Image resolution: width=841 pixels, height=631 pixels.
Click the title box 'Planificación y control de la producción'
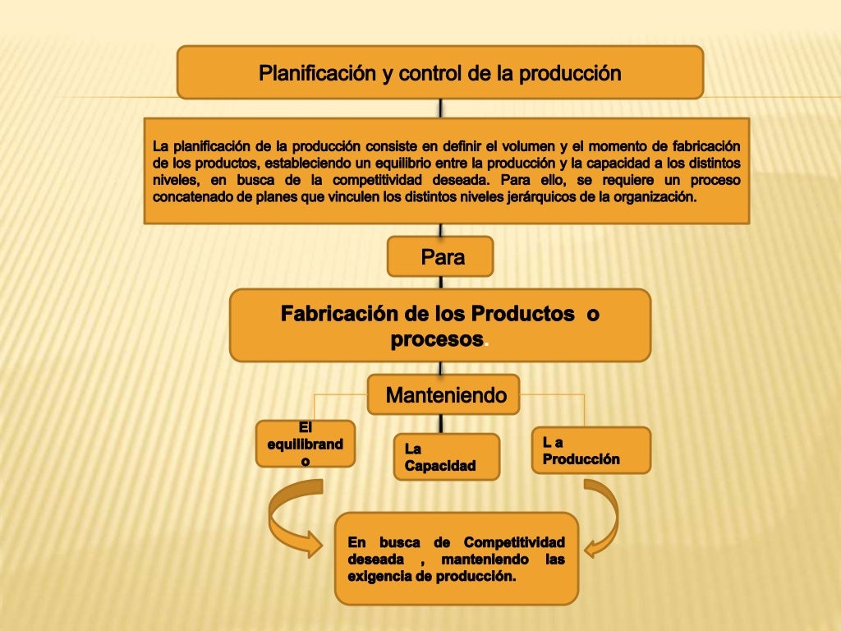coord(440,72)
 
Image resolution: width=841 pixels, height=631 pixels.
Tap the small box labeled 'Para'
coord(440,257)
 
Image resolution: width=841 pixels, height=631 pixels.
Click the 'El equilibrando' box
coord(305,444)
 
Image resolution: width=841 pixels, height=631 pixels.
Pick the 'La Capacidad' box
coord(446,457)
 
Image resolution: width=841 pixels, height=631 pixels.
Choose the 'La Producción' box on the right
coord(591,450)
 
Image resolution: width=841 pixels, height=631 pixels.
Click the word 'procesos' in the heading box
coord(436,339)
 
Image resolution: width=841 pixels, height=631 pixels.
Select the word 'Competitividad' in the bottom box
coord(514,542)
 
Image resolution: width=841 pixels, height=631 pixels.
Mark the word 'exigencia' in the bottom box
coord(380,576)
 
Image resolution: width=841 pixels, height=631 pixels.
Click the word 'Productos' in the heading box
coord(522,314)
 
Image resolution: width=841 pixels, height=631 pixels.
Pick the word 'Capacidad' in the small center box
coord(440,466)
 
